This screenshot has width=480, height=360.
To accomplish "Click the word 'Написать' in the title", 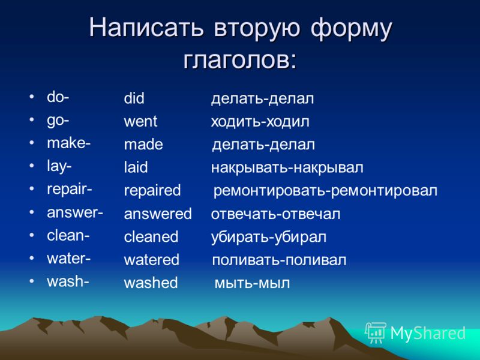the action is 146,28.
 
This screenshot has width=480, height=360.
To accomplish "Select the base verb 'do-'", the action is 58,97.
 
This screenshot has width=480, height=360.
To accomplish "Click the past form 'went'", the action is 140,122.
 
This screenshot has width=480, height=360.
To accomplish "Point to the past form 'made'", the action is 143,145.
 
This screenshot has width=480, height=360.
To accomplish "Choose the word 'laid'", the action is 136,167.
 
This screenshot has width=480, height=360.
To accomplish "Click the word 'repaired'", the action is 152,191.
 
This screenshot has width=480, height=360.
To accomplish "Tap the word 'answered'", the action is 158,214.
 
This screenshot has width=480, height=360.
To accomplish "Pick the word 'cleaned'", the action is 151,236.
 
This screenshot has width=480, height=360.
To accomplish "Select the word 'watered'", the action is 152,260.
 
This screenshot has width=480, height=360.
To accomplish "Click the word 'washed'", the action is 151,283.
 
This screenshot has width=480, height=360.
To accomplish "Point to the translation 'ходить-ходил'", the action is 260,122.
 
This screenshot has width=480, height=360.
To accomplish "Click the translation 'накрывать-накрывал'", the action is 287,168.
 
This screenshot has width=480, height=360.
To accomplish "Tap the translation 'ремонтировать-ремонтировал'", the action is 325,191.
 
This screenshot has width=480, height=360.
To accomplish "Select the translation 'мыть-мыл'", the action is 252,283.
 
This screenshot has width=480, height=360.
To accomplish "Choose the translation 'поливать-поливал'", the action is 279,260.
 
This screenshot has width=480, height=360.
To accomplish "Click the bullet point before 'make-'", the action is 32,143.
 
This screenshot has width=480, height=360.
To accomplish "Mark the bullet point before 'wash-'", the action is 32,281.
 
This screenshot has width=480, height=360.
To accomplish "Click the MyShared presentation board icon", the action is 376,332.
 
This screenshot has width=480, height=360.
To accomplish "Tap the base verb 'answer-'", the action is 75,212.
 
